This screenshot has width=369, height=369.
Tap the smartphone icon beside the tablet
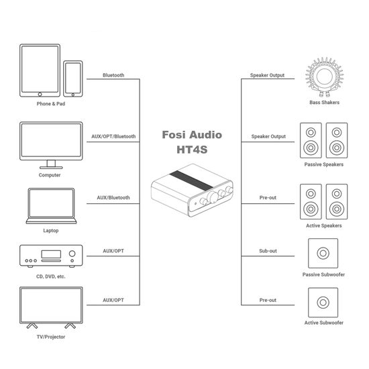(x=73, y=79)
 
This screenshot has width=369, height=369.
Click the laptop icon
(x=50, y=206)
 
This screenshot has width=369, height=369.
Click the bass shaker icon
(x=324, y=75)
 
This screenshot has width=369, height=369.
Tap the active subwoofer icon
(x=324, y=303)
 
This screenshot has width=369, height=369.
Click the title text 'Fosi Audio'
(x=191, y=135)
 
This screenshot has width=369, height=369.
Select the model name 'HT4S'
(x=191, y=151)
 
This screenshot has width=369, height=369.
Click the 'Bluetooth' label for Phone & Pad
(x=113, y=75)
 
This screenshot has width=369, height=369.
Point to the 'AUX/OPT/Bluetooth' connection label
(x=113, y=136)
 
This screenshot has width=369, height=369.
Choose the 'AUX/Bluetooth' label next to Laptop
(x=113, y=198)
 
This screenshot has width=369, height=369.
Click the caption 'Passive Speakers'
(x=323, y=164)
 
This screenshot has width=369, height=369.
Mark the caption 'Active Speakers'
(x=323, y=226)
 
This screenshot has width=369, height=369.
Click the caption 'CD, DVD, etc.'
(x=50, y=276)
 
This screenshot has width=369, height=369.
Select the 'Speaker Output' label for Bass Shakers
(x=268, y=75)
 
